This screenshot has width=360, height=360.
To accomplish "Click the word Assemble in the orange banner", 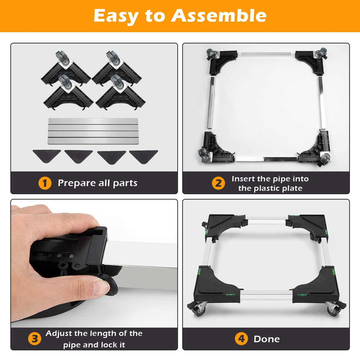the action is pyautogui.click(x=219, y=16).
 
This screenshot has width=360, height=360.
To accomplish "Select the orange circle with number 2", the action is pyautogui.click(x=218, y=183).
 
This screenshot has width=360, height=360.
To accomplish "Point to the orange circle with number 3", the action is pyautogui.click(x=35, y=339).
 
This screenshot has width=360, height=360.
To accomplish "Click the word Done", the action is pyautogui.click(x=267, y=339).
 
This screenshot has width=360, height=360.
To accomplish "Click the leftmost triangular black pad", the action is pyautogui.click(x=47, y=155).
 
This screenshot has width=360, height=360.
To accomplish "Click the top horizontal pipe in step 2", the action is pyautogui.click(x=266, y=54).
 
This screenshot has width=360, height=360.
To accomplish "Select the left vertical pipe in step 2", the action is pyautogui.click(x=211, y=103).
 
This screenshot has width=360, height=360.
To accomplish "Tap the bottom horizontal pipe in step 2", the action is pyautogui.click(x=266, y=159).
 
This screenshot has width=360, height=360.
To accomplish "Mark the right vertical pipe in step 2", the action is pyautogui.click(x=322, y=103).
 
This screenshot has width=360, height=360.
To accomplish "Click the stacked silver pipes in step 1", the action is pyautogui.click(x=93, y=131).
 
